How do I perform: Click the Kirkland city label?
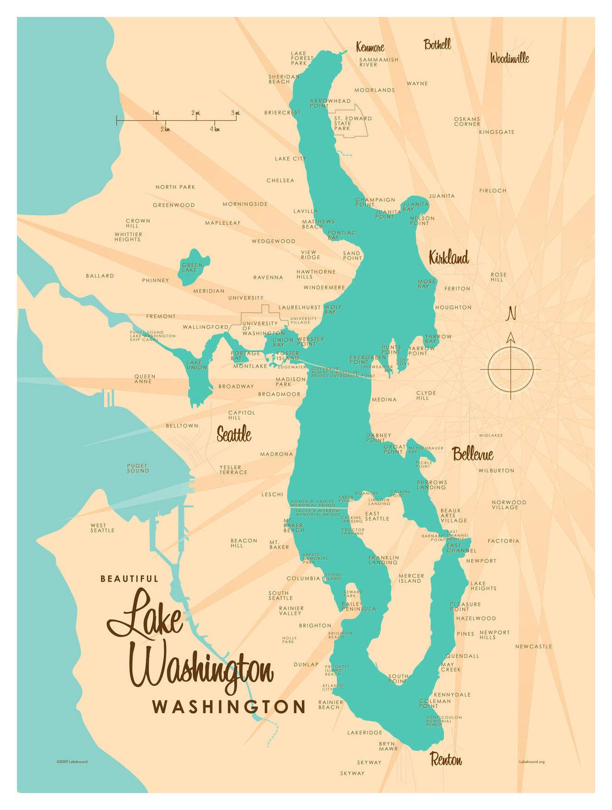pos(448,258)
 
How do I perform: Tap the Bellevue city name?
pos(473,454)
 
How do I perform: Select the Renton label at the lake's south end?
pos(445,759)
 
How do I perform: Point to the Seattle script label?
pos(234,433)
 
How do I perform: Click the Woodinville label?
pos(509,58)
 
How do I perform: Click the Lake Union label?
pos(197,365)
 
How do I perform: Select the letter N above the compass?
pos(511,314)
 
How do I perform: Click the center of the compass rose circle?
pos(511,369)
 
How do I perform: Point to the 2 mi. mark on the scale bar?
pos(196,113)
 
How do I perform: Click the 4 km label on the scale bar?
pos(215,129)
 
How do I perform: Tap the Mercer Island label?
pos(411,578)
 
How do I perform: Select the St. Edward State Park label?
pos(352,123)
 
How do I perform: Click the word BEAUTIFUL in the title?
pos(129,579)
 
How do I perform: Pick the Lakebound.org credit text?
pos(531,762)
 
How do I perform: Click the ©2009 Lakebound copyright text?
pos(72,762)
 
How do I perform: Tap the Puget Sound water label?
pos(138,468)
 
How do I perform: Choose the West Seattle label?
pos(102,528)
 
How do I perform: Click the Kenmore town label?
pos(370,47)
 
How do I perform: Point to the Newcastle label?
pos(533,646)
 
